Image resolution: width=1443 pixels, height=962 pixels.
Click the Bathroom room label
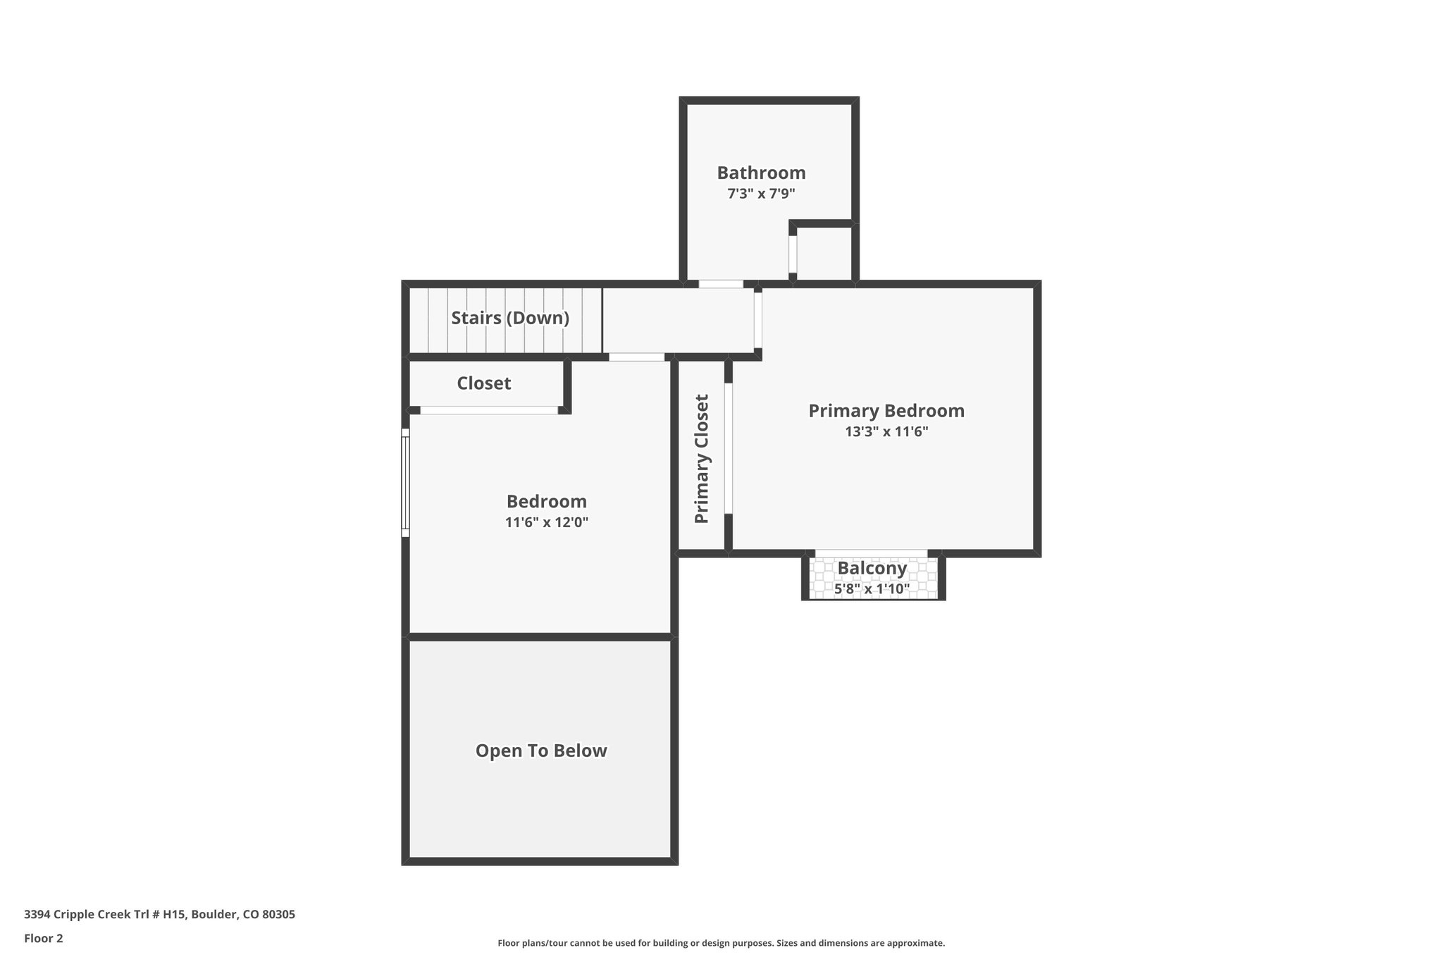point(761,173)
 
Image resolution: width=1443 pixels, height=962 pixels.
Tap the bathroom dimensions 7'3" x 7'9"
point(761,194)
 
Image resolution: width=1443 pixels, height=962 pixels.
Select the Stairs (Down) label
point(510,318)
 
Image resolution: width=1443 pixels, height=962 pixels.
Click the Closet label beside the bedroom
point(483,383)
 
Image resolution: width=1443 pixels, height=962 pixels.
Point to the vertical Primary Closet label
point(702,459)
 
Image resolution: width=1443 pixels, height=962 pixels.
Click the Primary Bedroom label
point(886,411)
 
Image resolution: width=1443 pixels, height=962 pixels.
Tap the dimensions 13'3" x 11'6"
point(886,432)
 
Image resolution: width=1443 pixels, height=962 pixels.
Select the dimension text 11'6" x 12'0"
point(546,523)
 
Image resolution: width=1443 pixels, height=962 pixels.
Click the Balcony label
point(872,568)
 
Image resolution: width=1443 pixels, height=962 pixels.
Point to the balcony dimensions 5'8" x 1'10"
point(872,588)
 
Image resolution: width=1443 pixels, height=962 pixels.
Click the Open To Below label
point(540,751)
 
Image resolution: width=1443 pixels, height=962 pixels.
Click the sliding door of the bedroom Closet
point(489,410)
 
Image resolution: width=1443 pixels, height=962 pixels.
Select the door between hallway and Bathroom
point(720,284)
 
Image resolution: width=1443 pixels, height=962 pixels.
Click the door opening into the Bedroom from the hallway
point(636,357)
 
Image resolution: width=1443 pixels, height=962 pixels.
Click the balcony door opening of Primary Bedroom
point(871,553)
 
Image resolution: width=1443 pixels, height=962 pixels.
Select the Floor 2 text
point(44,938)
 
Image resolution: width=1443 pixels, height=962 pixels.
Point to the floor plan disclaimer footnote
point(721,943)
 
